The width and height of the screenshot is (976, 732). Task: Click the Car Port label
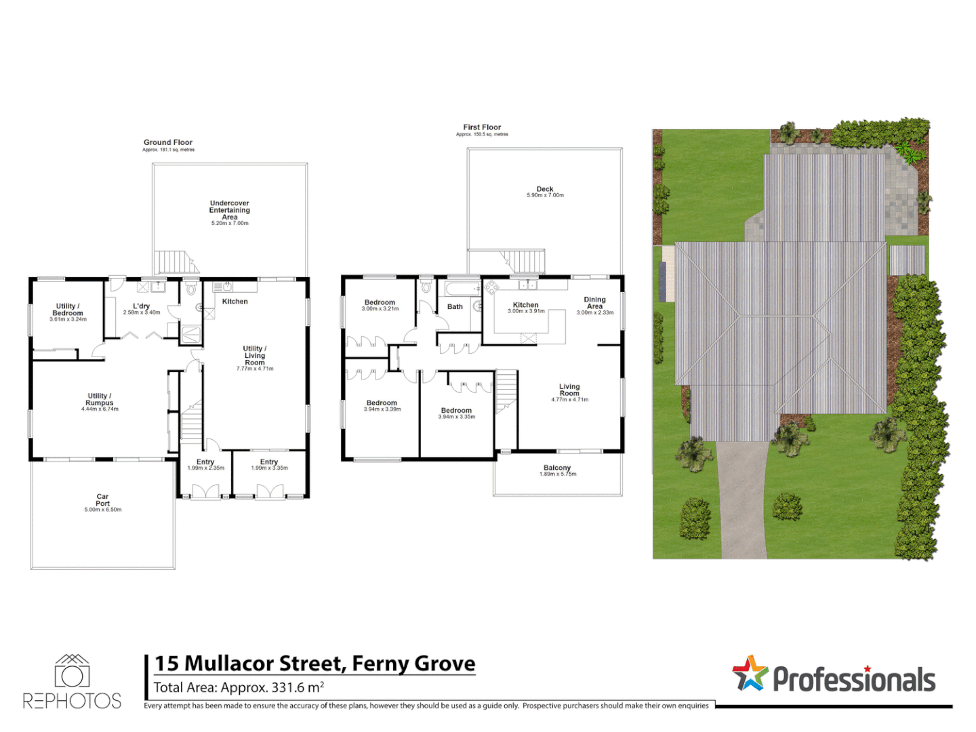pyautogui.click(x=102, y=500)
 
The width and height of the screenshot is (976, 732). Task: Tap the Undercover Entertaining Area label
pyautogui.click(x=229, y=210)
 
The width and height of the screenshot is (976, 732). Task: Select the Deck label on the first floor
pyautogui.click(x=545, y=189)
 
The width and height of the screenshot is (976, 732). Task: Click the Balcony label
pyautogui.click(x=557, y=468)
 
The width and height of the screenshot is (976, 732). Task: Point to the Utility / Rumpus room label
pyautogui.click(x=100, y=399)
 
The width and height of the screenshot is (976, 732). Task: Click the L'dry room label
pyautogui.click(x=142, y=306)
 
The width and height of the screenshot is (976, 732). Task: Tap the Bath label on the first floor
pyautogui.click(x=455, y=306)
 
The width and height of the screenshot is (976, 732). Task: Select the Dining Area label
pyautogui.click(x=594, y=303)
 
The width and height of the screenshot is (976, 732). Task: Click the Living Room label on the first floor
pyautogui.click(x=569, y=390)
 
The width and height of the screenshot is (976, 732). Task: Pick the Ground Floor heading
pyautogui.click(x=168, y=142)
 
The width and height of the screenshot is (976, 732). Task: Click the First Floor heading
pyautogui.click(x=482, y=127)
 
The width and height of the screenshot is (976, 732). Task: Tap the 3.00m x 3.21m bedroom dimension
pyautogui.click(x=380, y=309)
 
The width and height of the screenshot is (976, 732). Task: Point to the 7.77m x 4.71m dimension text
pyautogui.click(x=255, y=369)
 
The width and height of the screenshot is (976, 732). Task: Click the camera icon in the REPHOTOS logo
pyautogui.click(x=72, y=675)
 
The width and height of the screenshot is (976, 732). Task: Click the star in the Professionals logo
pyautogui.click(x=749, y=674)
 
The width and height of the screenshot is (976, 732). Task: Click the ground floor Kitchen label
pyautogui.click(x=235, y=302)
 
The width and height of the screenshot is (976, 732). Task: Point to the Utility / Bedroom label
pyautogui.click(x=68, y=310)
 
